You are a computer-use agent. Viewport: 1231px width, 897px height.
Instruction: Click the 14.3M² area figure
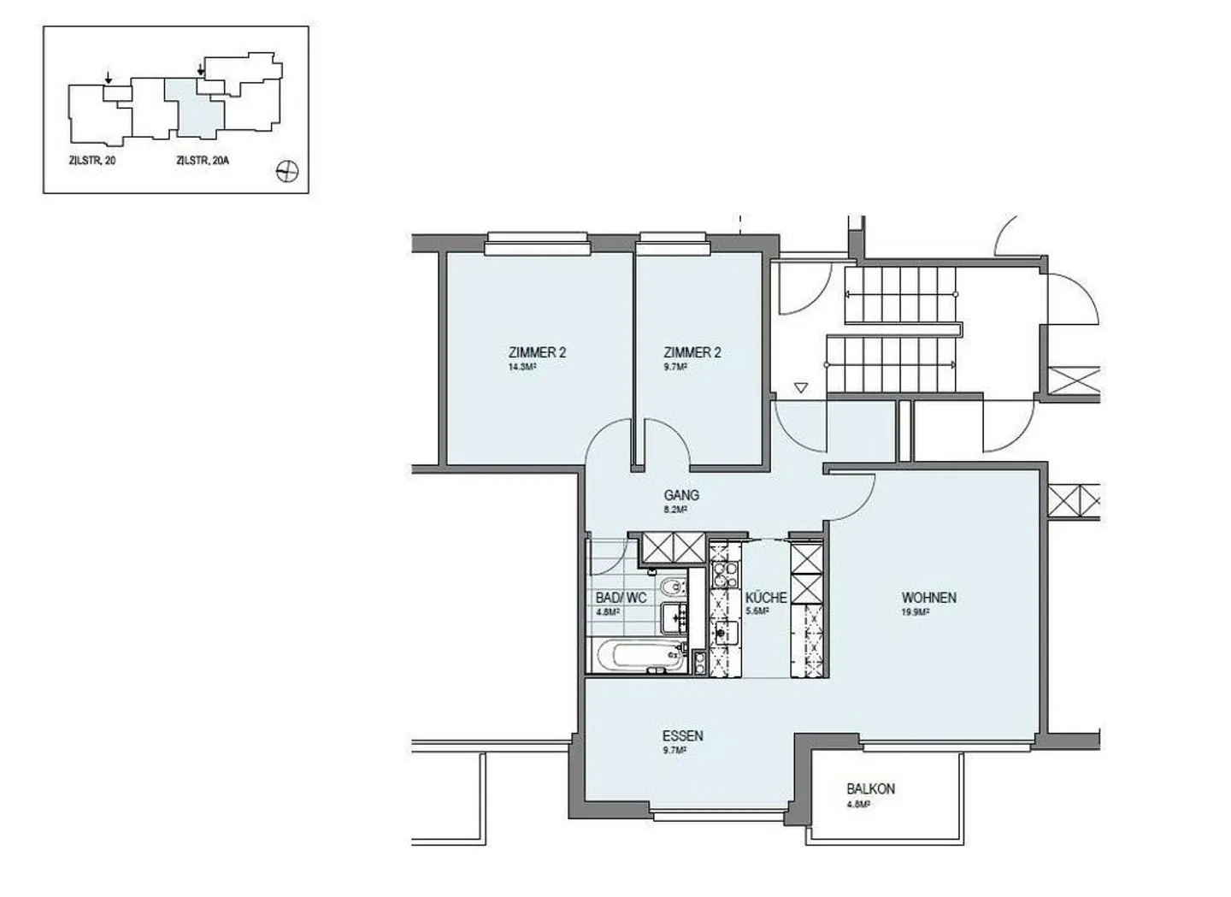click(x=522, y=367)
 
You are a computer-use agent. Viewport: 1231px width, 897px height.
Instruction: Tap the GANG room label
click(x=681, y=495)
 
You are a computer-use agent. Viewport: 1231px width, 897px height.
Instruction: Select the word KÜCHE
click(x=766, y=598)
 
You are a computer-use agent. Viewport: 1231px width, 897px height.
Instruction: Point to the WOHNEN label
click(x=928, y=598)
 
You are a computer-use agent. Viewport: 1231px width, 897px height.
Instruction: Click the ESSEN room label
click(x=682, y=735)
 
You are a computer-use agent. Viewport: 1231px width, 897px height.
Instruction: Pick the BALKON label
click(x=871, y=788)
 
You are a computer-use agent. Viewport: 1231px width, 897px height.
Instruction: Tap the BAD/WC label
click(x=621, y=598)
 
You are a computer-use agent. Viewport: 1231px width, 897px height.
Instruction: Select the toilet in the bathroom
click(x=671, y=588)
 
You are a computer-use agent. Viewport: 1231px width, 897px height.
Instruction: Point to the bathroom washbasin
click(x=674, y=619)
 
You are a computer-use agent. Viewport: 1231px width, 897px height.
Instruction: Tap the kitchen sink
click(x=725, y=633)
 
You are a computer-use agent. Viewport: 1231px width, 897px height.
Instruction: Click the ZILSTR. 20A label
click(x=203, y=161)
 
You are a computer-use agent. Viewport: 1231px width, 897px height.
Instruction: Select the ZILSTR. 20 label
click(x=91, y=161)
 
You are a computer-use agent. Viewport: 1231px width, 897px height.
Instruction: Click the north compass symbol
click(x=287, y=172)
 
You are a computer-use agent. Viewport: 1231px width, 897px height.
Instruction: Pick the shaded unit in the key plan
click(x=195, y=110)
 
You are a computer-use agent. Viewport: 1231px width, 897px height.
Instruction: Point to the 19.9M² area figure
click(x=915, y=612)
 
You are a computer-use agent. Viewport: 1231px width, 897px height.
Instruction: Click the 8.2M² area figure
click(x=675, y=510)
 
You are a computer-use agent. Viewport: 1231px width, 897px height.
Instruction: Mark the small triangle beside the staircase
click(x=801, y=388)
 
